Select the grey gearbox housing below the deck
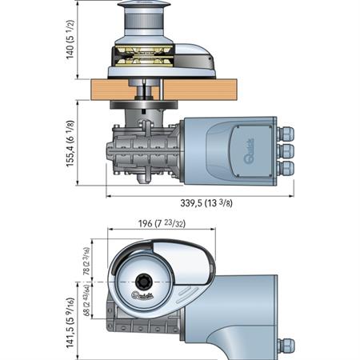click(x=152, y=152)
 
